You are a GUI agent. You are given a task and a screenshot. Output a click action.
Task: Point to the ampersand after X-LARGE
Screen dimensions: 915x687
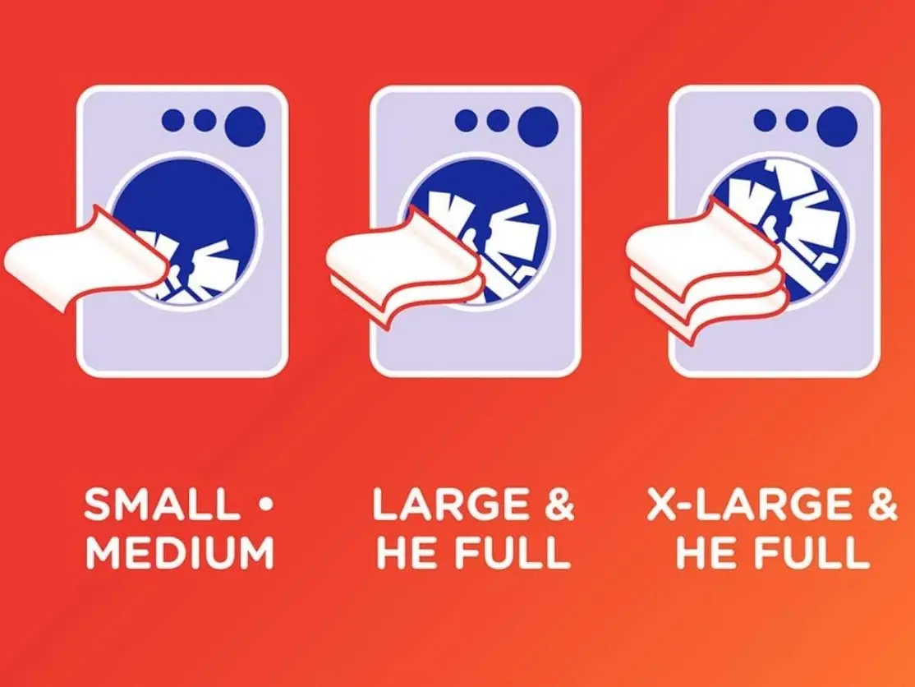pos(882,504)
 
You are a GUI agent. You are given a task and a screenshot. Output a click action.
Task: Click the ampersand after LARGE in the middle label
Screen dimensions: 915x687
pos(559,504)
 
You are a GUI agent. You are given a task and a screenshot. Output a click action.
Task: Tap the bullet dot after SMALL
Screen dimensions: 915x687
pos(265,503)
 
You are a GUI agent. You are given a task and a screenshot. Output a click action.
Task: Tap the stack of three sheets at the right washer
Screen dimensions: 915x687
pos(706,271)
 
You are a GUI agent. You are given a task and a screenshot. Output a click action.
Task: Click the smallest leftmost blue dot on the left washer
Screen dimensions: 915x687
pos(173,120)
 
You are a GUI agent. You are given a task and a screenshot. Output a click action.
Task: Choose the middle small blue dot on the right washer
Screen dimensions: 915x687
pos(796,121)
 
